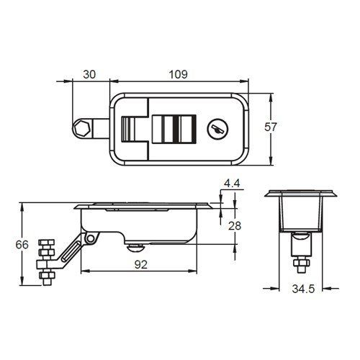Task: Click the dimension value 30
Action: coord(89,74)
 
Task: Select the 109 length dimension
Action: coord(179,74)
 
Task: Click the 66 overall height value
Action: coord(22,245)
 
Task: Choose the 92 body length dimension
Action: coord(140,264)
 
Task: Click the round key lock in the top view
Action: coord(215,130)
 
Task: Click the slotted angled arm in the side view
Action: coord(71,253)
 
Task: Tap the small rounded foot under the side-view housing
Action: coord(134,247)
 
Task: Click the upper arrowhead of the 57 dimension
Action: coord(271,96)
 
